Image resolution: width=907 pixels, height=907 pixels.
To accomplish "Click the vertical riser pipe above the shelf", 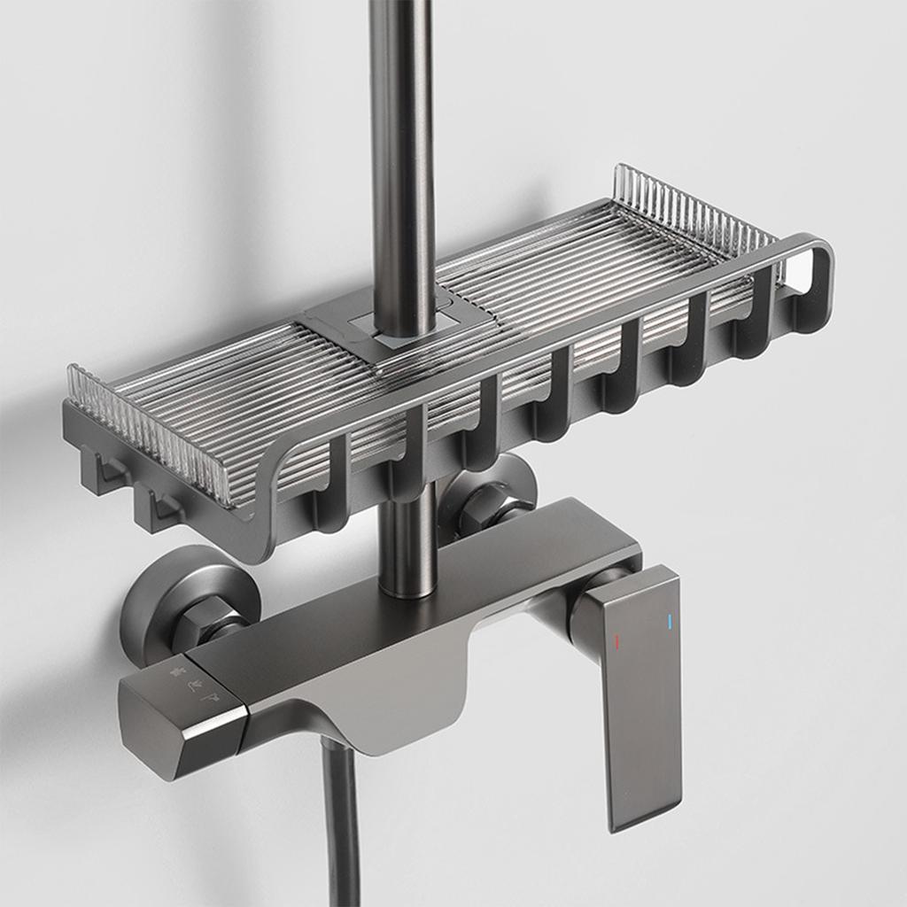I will tap(401, 133).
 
